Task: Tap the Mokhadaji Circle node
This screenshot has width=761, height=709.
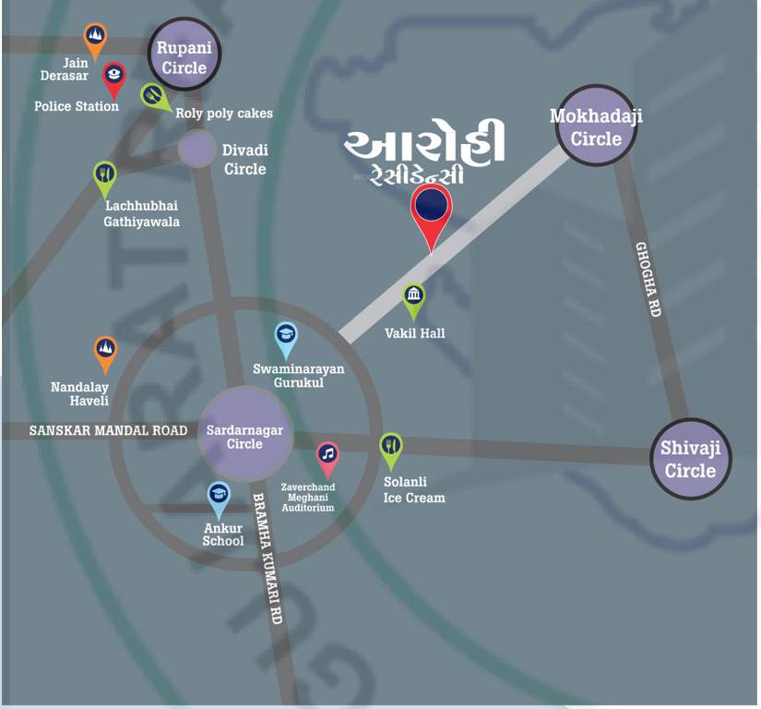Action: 596,126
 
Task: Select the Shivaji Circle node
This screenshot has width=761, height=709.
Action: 690,459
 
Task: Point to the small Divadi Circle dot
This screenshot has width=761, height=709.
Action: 196,149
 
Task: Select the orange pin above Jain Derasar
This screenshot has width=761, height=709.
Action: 94,39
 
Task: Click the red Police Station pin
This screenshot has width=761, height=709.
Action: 113,78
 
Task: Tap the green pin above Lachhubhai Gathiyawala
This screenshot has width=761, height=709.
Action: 105,176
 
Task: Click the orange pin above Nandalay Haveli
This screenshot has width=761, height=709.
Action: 106,352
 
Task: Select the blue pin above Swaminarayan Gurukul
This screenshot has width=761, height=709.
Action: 287,338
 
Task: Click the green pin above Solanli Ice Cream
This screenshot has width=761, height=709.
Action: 391,449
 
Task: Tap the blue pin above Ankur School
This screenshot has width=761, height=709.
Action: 219,498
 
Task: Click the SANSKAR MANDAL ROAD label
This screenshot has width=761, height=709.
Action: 108,431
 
